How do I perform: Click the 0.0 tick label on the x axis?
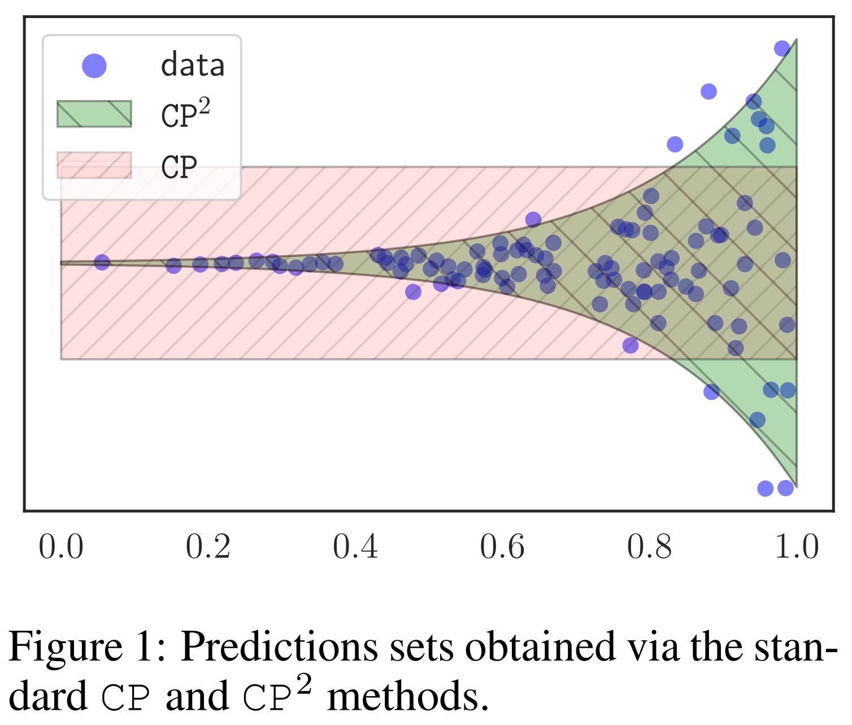61,547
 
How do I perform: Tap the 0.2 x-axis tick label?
208,547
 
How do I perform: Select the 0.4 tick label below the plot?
355,547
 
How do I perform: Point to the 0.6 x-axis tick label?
502,547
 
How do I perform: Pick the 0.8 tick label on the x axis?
650,547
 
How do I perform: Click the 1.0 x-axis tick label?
797,547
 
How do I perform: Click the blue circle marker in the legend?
94,65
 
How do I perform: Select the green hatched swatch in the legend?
94,114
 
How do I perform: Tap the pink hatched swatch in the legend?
94,165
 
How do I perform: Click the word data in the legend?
193,65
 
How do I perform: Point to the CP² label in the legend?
185,114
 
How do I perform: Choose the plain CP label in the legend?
179,167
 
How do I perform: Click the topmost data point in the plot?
782,49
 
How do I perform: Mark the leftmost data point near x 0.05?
102,262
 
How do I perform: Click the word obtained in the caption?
539,647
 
